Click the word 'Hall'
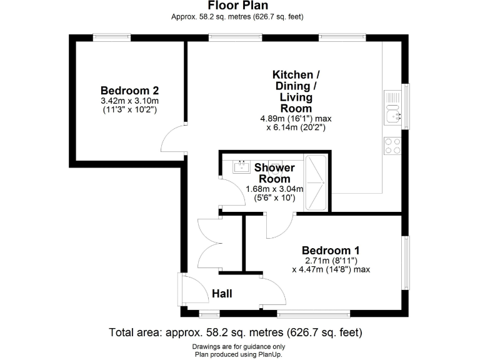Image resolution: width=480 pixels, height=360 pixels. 222,293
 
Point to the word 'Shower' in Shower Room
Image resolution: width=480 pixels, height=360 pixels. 274,167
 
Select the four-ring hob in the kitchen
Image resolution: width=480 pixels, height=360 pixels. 392,146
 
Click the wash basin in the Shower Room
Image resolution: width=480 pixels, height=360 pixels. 241,167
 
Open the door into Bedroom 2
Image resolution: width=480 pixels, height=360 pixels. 173,138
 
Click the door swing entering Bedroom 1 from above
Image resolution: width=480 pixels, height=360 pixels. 279,226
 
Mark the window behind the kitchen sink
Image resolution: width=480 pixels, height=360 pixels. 407,106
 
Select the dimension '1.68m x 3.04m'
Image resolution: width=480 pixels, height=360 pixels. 274,189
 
